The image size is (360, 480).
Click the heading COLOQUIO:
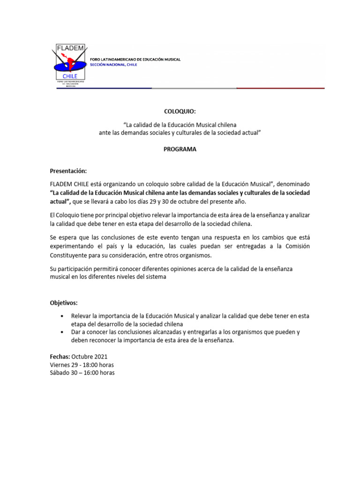click(x=180, y=112)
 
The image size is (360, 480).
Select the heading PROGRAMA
click(x=180, y=149)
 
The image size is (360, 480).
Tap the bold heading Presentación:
click(x=68, y=171)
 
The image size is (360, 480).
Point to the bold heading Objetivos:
click(x=64, y=303)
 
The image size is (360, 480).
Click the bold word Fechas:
click(x=60, y=356)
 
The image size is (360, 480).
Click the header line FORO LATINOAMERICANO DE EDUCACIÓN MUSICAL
click(x=135, y=60)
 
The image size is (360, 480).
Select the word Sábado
click(x=60, y=373)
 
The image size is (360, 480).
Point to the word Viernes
click(x=60, y=365)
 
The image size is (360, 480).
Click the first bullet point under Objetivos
click(x=62, y=316)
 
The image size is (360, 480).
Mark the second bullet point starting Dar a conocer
click(x=62, y=332)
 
